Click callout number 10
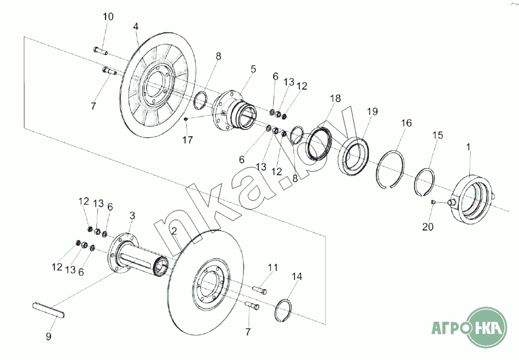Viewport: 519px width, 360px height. [x=108, y=17]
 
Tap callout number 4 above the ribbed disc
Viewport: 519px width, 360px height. [x=136, y=27]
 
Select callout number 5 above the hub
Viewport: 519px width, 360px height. [x=253, y=69]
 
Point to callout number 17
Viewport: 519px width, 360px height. [x=187, y=140]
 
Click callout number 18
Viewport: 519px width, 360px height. [x=335, y=99]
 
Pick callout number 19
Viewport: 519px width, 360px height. [x=372, y=111]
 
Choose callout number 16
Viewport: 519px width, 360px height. [x=407, y=123]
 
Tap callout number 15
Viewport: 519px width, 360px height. [x=438, y=135]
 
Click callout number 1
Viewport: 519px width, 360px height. [x=469, y=147]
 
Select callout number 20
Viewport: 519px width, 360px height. [x=427, y=227]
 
